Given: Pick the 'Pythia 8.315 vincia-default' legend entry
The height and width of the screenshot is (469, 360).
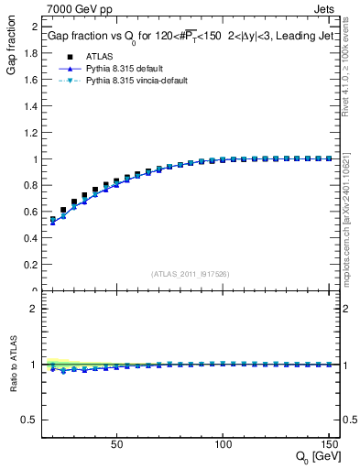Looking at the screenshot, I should [x=142, y=81].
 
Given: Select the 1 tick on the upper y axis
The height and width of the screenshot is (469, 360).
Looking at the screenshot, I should [x=35, y=159].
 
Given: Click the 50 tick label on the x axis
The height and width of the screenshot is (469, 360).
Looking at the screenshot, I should [x=116, y=444].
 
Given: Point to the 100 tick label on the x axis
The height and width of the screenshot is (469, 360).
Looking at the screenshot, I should [x=222, y=444].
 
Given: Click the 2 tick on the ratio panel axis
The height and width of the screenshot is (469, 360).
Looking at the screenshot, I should [x=35, y=309].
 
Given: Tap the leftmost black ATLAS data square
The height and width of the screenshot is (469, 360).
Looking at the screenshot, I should [x=53, y=220].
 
